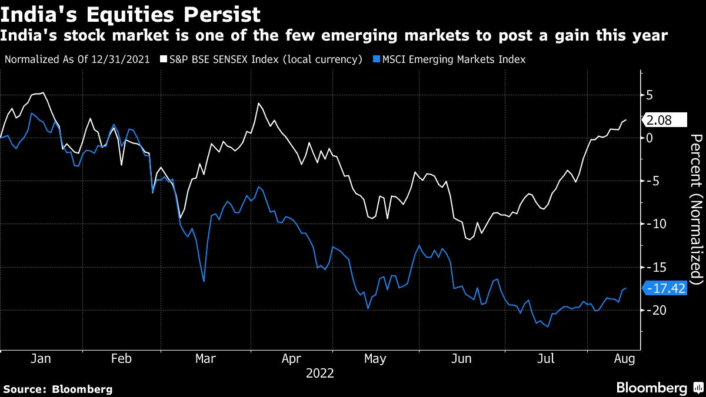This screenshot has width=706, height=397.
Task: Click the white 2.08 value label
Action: pyautogui.click(x=666, y=121)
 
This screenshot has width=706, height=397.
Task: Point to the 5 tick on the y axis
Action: pyautogui.click(x=650, y=95)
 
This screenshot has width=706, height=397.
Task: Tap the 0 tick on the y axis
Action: pyautogui.click(x=650, y=138)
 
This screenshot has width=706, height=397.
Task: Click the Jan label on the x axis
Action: pyautogui.click(x=41, y=358)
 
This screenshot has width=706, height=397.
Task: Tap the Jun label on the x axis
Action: pyautogui.click(x=461, y=358)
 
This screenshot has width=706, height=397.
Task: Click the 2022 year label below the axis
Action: pyautogui.click(x=319, y=373)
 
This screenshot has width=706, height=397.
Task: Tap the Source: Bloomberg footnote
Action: pyautogui.click(x=58, y=389)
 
